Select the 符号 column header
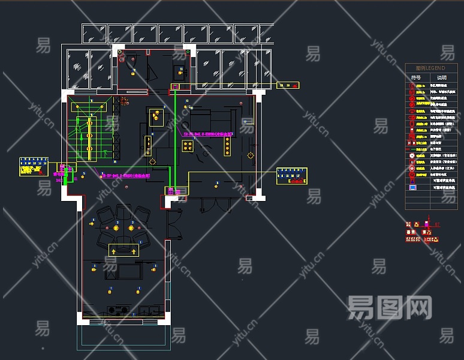coord(415,77)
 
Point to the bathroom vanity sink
coord(179,73)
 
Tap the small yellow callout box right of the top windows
coord(287,85)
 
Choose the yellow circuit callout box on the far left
coord(34,166)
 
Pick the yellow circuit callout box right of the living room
coord(291,176)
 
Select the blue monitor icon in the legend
coord(412,187)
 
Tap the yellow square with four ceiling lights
coord(188,146)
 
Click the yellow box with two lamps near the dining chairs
coord(123,250)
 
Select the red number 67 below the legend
coord(437,224)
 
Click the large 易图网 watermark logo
coord(390,307)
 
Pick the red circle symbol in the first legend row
coord(412,86)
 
